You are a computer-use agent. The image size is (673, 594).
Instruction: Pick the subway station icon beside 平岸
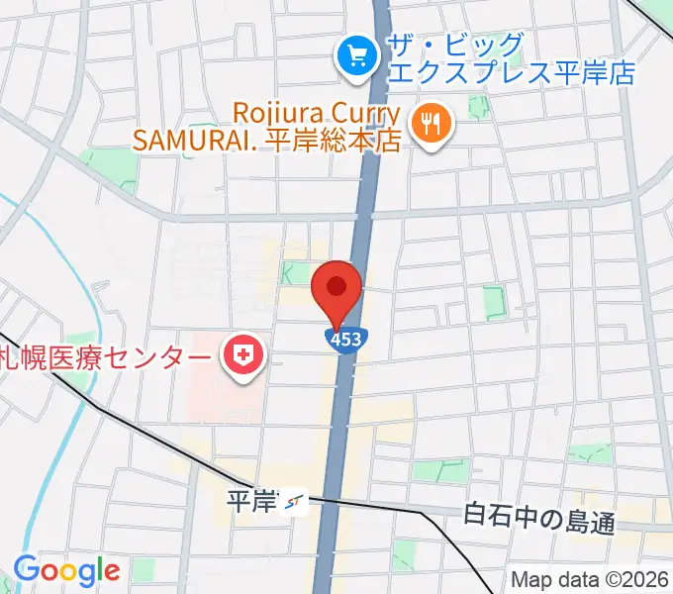click(x=294, y=504)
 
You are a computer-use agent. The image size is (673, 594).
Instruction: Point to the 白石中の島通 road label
click(x=538, y=517)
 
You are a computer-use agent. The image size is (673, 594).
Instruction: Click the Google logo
click(x=66, y=570)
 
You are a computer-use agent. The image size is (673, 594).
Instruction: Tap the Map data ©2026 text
click(x=589, y=580)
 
